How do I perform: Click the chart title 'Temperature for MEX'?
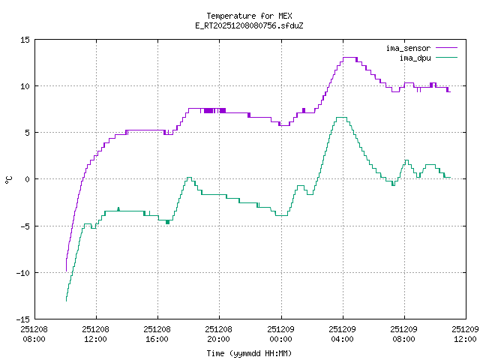click(x=249, y=16)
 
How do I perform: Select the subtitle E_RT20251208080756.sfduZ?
click(x=249, y=25)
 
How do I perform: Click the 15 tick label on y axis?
click(x=25, y=39)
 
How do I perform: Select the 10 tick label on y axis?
click(x=25, y=85)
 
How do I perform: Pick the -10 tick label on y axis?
click(x=22, y=272)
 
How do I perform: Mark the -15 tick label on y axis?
click(x=22, y=319)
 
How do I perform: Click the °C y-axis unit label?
click(x=9, y=179)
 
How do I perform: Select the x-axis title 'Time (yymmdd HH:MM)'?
click(x=249, y=353)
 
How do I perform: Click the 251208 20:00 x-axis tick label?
click(x=219, y=334)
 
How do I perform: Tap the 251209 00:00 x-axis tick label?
click(x=280, y=334)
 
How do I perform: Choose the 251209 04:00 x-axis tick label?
click(x=343, y=334)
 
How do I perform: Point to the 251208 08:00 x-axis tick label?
click(x=34, y=334)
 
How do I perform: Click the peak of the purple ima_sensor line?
click(x=349, y=58)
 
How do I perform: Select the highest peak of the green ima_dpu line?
click(x=341, y=118)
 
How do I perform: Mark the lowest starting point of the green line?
click(x=66, y=300)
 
